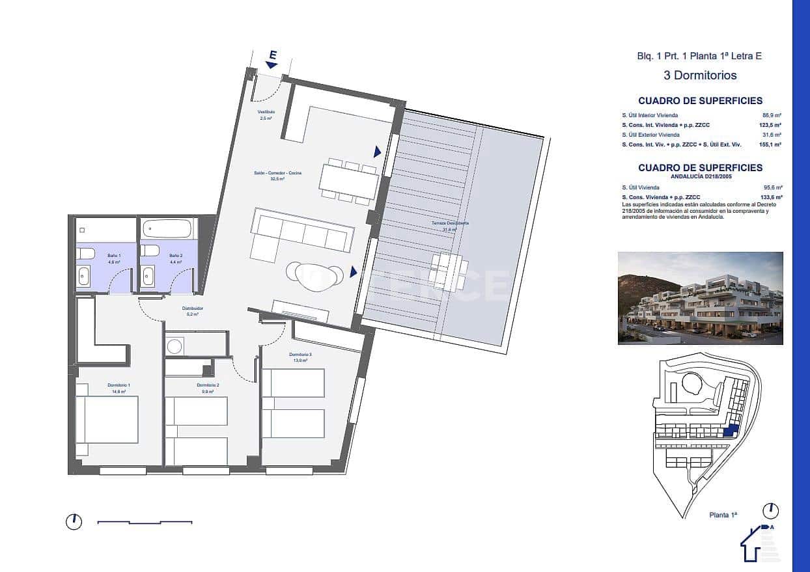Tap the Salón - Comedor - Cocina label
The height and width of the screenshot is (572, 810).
tap(269, 173)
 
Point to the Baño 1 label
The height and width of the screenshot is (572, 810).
tap(114, 256)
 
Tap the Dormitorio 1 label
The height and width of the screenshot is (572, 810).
tap(119, 386)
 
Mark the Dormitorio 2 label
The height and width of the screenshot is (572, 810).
tap(208, 385)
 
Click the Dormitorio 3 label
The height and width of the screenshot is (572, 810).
tap(301, 355)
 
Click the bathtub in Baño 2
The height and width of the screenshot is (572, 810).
tap(167, 229)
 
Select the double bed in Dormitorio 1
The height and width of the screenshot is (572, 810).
tap(107, 420)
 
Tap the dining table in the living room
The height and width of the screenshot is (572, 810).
tap(349, 182)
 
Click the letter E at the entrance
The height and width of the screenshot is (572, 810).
tap(272, 56)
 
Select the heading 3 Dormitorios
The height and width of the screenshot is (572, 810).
tap(700, 75)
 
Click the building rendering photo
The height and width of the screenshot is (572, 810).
tap(700, 298)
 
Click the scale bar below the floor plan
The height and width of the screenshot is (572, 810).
tap(145, 522)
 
